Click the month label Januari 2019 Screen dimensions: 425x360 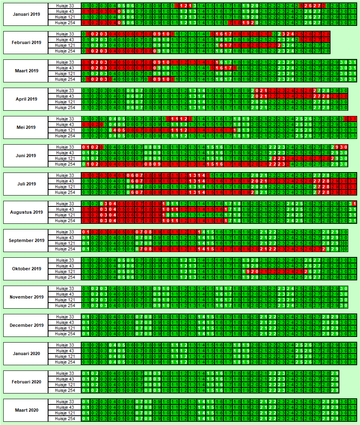[26, 14]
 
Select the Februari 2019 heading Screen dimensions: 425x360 [26, 42]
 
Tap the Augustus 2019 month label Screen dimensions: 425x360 [26, 212]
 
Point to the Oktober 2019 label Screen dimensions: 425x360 [26, 269]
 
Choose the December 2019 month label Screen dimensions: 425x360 [26, 325]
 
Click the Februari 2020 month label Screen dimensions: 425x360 [26, 382]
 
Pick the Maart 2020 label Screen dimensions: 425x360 [26, 410]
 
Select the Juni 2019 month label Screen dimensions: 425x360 [26, 156]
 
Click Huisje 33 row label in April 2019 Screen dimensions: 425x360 [65, 90]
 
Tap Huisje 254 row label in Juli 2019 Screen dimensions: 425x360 [65, 192]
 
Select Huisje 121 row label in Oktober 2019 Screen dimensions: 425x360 [65, 271]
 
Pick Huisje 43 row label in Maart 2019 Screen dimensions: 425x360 [65, 68]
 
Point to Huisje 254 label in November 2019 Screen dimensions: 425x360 [65, 305]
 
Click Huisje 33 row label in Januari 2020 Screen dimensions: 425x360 [65, 345]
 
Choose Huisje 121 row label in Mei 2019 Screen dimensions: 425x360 [65, 130]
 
